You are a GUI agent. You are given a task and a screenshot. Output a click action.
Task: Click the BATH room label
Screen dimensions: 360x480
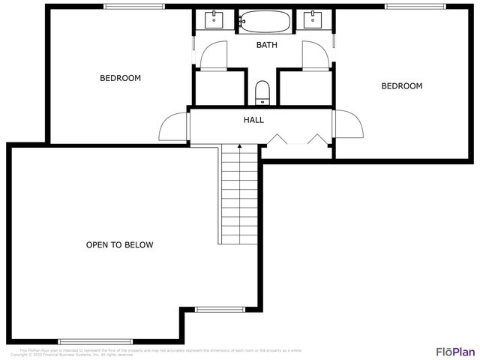coord(267,45)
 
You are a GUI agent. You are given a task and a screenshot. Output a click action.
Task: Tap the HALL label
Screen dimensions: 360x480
coord(253,120)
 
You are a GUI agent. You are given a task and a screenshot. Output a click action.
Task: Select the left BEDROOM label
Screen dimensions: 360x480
coord(120,78)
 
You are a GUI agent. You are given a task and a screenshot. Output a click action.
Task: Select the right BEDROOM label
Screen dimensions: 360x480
coord(401,86)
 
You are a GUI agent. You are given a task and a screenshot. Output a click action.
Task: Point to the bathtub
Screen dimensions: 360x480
coord(264,21)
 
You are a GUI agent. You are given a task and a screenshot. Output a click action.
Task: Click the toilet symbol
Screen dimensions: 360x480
coord(262,92)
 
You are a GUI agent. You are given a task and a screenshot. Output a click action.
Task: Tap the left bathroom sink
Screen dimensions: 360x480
coord(214,18)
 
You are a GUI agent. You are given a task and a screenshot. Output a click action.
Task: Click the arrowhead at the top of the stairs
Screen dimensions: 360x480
coord(239,147)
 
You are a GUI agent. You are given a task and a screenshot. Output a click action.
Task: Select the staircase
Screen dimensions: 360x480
coord(240,195)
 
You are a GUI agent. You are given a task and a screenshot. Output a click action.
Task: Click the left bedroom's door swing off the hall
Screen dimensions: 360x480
coord(174,126)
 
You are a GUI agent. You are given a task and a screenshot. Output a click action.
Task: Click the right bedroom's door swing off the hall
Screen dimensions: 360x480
coord(347,124)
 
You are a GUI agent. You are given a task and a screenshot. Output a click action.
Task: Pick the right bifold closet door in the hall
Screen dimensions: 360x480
coord(316,139)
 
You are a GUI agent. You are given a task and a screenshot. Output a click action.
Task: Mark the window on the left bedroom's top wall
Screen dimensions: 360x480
coord(134,7)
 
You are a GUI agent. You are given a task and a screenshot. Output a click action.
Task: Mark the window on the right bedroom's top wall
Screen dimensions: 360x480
coord(415,7)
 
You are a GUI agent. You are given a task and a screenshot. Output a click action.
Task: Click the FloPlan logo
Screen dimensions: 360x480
coord(455,351)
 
